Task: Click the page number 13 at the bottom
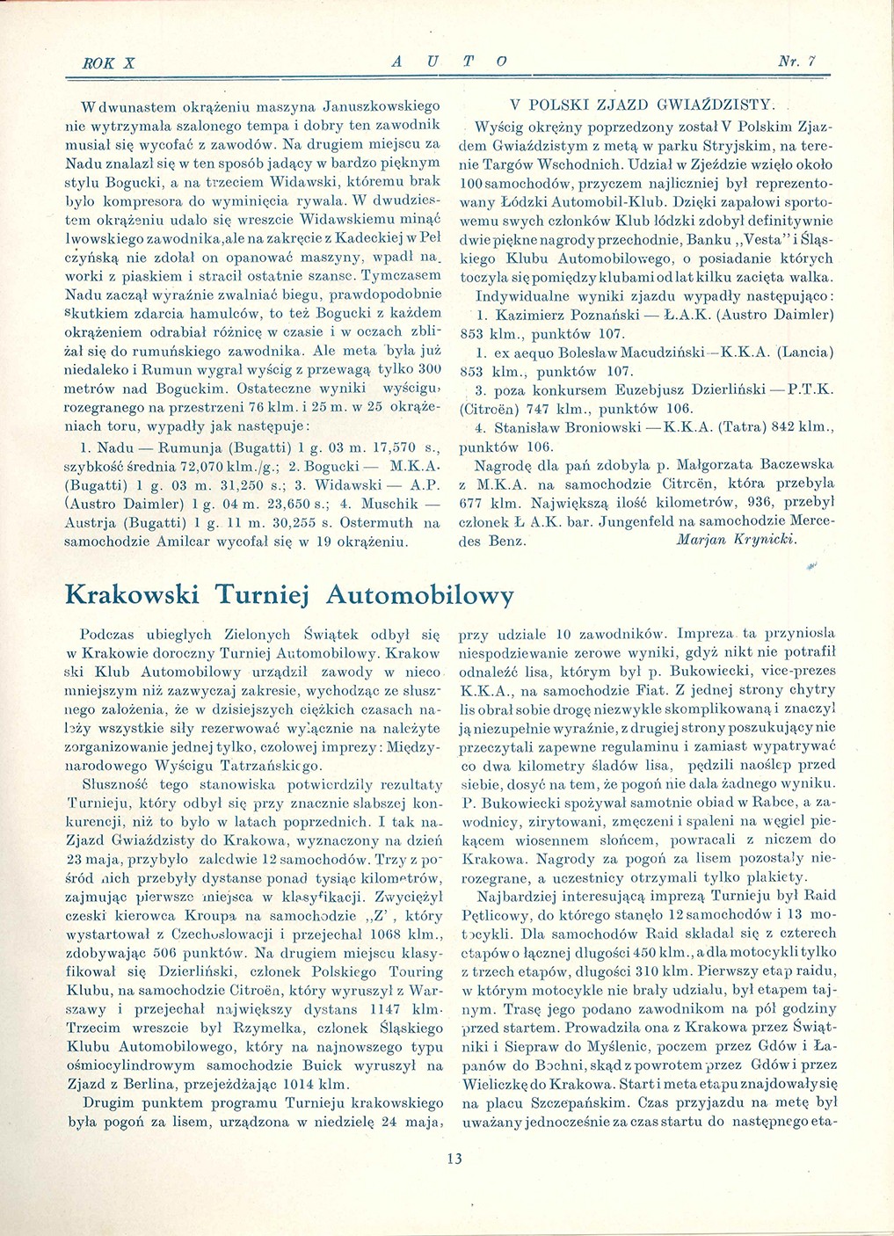point(454,1158)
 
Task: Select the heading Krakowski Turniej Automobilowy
point(289,595)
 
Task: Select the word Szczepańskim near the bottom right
point(578,1101)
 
